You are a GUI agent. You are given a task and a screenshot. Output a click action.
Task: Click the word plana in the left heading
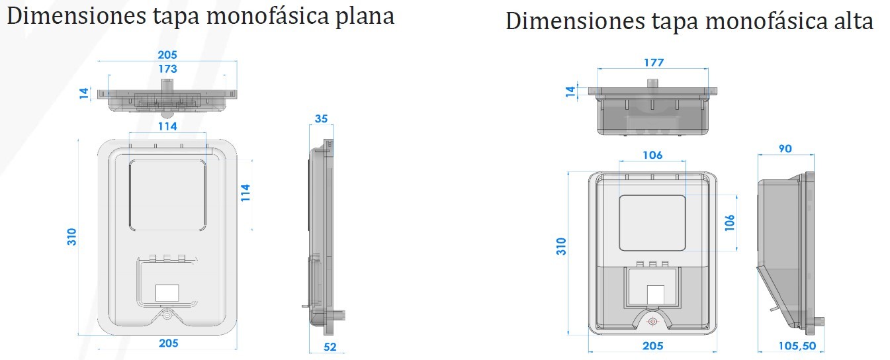coord(365,17)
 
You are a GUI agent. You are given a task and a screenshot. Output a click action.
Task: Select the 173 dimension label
coord(167,69)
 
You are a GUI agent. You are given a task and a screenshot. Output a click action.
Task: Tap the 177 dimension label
coord(654,62)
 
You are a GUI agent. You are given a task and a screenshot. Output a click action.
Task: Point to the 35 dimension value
coord(321,118)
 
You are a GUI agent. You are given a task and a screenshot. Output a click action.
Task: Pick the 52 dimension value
coord(330,347)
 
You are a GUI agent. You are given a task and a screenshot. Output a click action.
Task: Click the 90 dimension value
coord(785,149)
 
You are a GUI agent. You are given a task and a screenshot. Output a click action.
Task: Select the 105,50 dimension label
coord(797,346)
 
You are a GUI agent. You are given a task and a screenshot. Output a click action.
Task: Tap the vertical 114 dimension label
coord(245,193)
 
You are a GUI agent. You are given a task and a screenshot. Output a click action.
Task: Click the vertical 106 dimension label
coord(729,223)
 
